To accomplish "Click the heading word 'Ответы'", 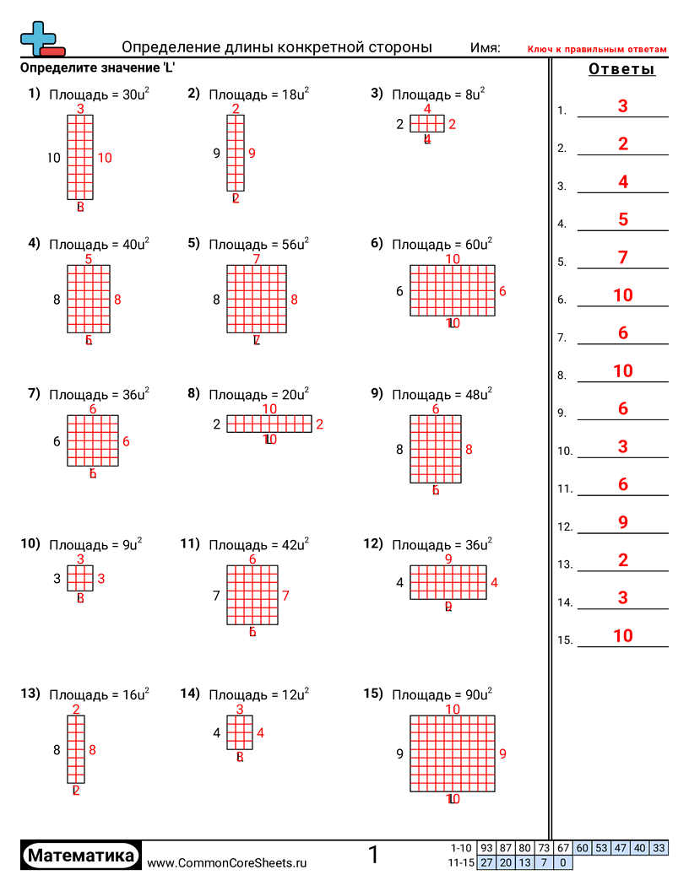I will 621,69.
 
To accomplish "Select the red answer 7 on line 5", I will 623,257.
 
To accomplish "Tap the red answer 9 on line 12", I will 623,522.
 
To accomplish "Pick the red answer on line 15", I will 623,636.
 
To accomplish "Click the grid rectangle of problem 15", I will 453,753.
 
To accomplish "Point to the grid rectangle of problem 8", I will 269,424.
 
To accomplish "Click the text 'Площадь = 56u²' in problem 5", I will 258,245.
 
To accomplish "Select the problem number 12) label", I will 374,544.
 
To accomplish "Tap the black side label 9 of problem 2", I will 217,154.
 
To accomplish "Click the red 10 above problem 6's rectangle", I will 453,259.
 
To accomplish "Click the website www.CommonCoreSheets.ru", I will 227,863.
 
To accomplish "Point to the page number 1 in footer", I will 374,856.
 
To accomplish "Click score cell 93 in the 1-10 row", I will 486,848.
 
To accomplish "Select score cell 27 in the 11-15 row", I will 486,862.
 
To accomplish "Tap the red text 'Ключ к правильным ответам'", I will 597,49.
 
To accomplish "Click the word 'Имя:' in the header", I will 486,48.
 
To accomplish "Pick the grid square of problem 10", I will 80,579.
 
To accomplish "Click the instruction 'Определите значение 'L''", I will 97,67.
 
